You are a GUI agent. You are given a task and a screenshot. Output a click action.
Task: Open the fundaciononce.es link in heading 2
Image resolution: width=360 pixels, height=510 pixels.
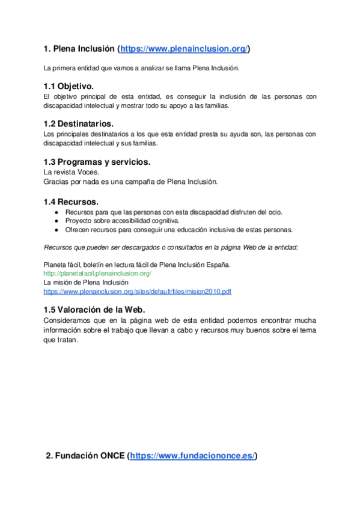point(193,456)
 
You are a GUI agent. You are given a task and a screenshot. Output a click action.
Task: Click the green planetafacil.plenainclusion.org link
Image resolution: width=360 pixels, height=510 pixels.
point(97,273)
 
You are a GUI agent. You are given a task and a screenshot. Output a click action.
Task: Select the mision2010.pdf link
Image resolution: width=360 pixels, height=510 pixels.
point(138,291)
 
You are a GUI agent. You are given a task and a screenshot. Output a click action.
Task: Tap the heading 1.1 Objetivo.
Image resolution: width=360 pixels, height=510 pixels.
point(69,87)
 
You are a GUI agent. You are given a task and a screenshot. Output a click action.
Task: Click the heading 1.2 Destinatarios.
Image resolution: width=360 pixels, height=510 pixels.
point(79,124)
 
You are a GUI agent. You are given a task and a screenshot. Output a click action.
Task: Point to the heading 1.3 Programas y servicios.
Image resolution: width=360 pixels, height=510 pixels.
point(97,162)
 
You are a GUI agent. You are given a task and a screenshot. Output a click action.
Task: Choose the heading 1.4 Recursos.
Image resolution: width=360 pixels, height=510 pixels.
point(72,201)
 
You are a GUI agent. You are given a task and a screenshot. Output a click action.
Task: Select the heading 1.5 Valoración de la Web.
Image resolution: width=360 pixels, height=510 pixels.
point(95,309)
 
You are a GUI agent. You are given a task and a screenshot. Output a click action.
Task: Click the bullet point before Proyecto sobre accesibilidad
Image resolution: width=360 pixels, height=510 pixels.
point(55,221)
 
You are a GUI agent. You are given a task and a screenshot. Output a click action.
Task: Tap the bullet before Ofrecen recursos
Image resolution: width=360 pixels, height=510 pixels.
point(55,230)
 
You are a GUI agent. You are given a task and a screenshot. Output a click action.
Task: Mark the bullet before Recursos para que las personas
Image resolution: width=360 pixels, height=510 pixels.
point(55,212)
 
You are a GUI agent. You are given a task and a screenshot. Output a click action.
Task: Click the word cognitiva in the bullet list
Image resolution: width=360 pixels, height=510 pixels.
point(166,221)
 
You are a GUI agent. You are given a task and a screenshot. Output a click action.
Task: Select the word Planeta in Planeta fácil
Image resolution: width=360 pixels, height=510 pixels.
point(55,264)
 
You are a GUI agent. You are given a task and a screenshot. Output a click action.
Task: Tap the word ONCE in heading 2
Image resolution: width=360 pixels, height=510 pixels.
point(112,456)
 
